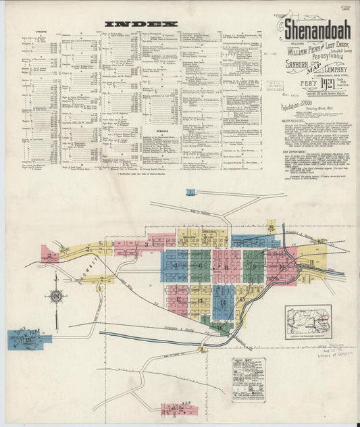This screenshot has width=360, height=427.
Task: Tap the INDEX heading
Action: click(x=141, y=24)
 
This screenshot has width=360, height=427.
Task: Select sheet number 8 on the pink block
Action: click(x=223, y=266)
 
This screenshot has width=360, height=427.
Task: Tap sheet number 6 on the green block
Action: click(x=201, y=266)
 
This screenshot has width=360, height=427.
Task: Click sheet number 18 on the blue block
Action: click(x=28, y=339)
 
